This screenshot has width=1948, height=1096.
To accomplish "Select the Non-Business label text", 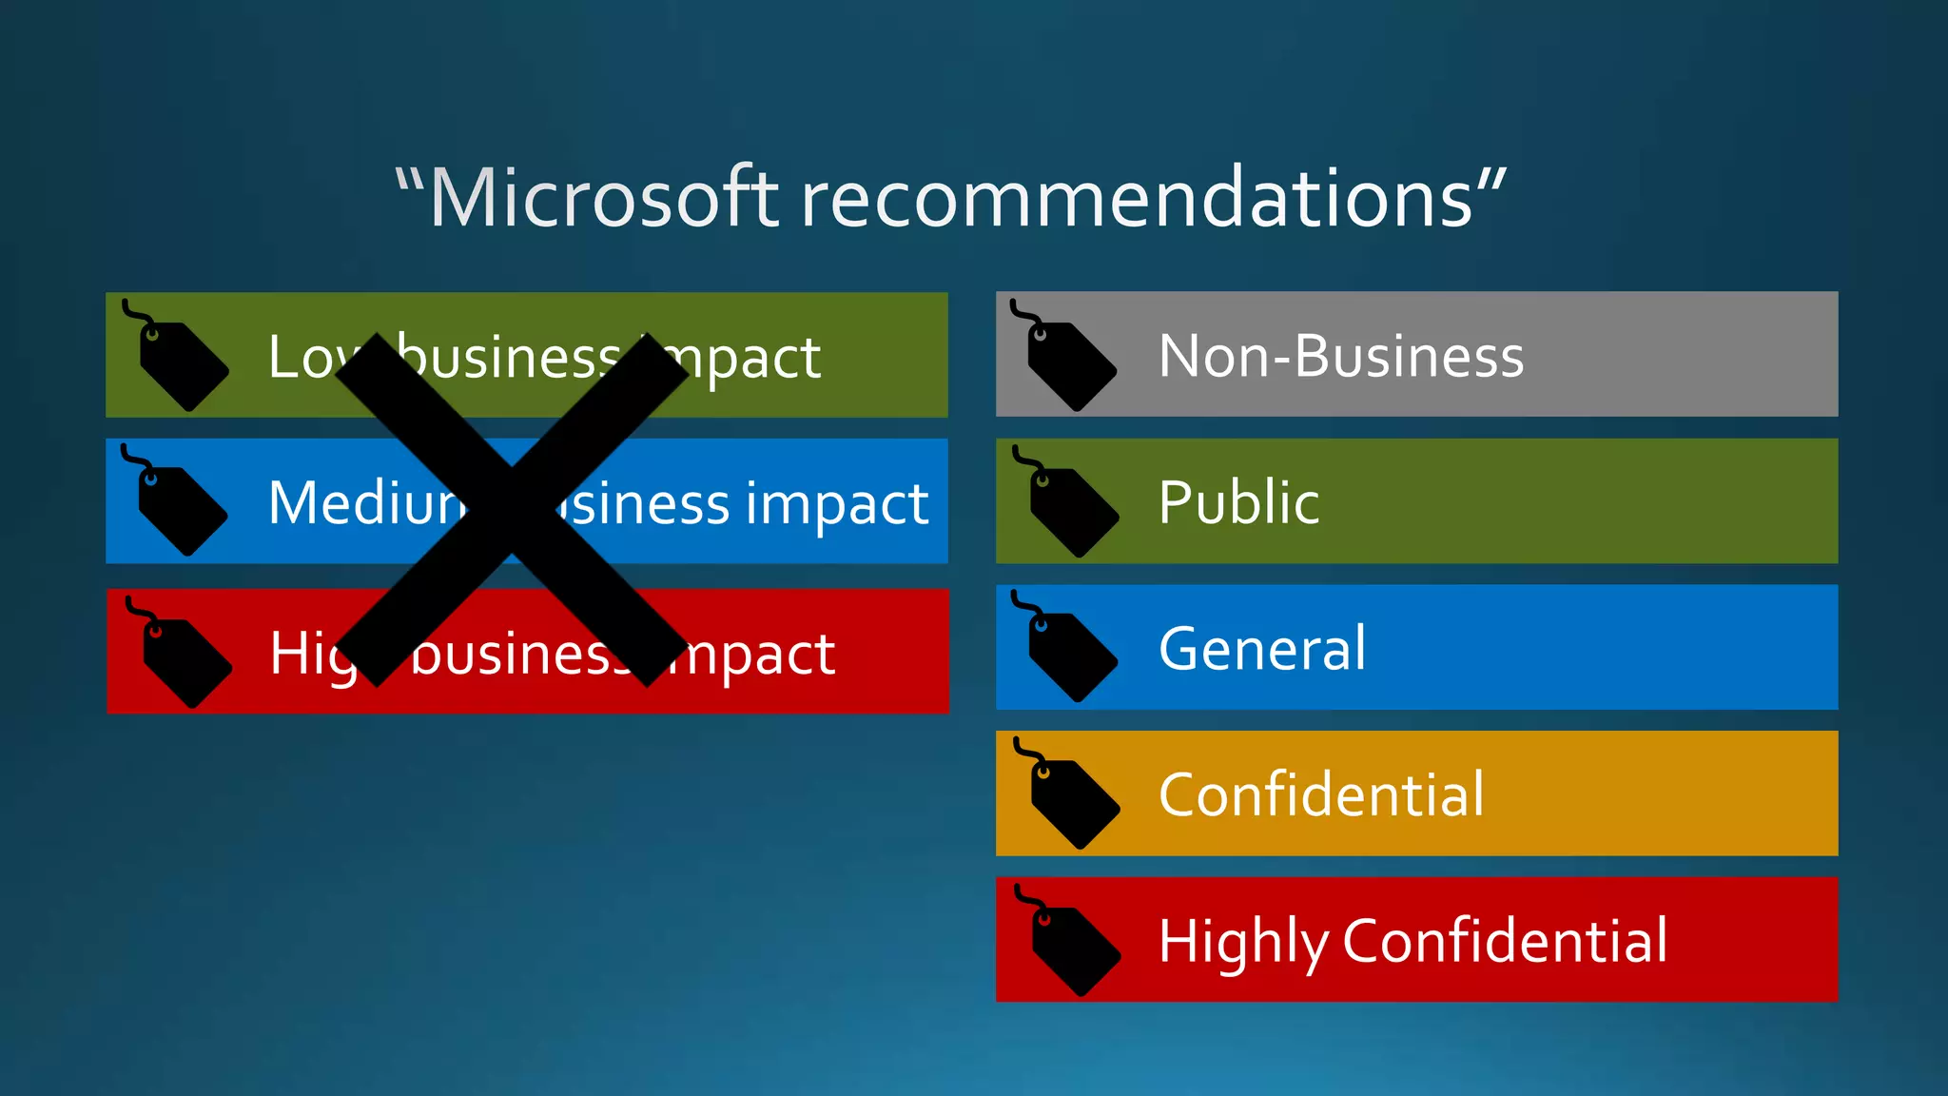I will pyautogui.click(x=1341, y=356).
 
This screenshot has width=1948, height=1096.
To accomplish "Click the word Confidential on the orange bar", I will pyautogui.click(x=1321, y=794).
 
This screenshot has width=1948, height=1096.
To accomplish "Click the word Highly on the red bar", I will pyautogui.click(x=1242, y=941).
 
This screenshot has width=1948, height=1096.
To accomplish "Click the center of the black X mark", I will pyautogui.click(x=512, y=509).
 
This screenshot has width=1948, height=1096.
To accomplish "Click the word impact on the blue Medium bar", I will pyautogui.click(x=836, y=504).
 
